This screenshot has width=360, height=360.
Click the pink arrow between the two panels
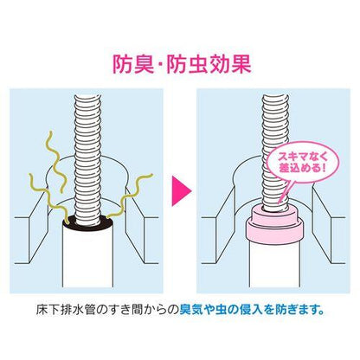click(x=181, y=191)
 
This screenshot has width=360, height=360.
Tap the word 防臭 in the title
click(x=133, y=64)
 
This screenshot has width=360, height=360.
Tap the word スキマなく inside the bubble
click(x=302, y=157)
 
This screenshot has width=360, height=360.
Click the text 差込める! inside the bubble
click(x=302, y=169)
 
